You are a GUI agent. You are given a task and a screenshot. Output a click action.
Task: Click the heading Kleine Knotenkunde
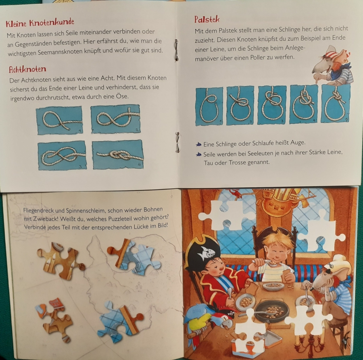(x=40, y=23)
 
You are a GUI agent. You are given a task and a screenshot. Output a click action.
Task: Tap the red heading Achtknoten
(x=27, y=69)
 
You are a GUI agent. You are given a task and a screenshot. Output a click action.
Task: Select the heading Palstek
(x=207, y=19)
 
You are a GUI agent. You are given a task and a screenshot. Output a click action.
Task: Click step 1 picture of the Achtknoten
(x=60, y=120)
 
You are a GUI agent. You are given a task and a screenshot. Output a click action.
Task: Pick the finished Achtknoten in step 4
(x=118, y=154)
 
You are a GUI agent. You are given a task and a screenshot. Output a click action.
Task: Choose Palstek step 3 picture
(x=272, y=104)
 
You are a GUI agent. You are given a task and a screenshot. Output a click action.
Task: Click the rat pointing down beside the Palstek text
(x=332, y=65)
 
